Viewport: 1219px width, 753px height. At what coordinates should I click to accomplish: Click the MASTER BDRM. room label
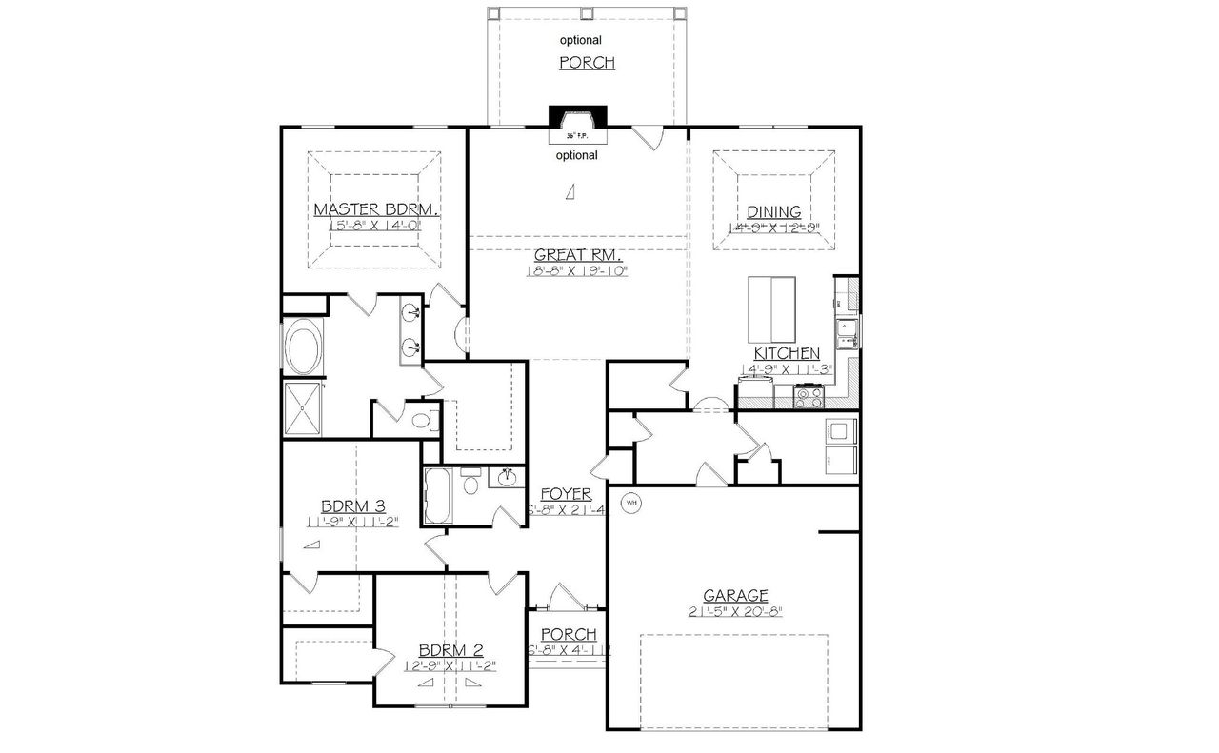[x=375, y=209]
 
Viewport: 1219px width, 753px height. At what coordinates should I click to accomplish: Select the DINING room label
[x=773, y=211]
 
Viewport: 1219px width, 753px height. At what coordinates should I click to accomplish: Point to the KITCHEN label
[x=787, y=353]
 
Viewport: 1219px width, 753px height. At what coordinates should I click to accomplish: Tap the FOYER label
[x=566, y=494]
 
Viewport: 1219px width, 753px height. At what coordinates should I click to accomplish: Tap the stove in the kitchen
[x=809, y=395]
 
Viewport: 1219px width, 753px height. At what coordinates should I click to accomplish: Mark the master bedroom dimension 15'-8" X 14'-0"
[x=375, y=226]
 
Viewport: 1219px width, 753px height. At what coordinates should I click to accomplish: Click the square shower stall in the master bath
[x=304, y=408]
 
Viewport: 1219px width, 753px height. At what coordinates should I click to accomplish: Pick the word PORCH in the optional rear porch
[x=587, y=63]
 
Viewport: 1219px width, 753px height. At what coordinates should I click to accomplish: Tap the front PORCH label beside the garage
[x=569, y=635]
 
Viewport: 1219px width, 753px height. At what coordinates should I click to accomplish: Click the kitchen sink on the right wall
[x=846, y=330]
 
